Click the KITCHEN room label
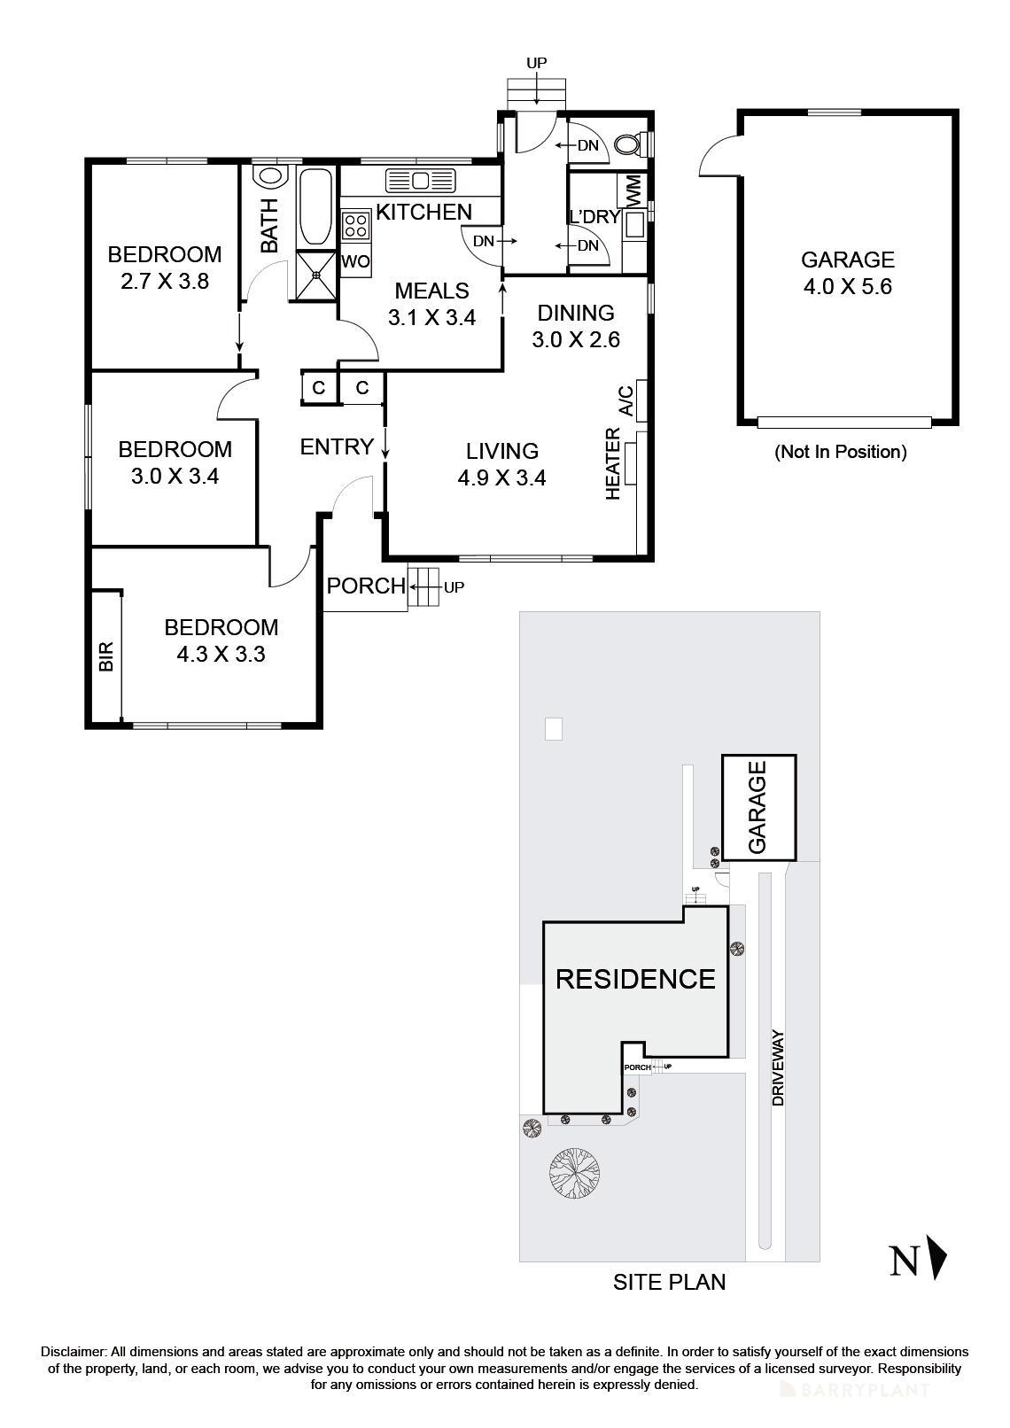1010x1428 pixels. click(423, 212)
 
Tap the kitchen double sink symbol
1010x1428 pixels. click(420, 181)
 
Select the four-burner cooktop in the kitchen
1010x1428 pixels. click(356, 225)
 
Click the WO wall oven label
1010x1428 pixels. click(355, 262)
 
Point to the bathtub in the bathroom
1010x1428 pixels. click(315, 206)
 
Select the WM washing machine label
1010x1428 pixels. click(633, 191)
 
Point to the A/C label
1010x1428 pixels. click(625, 400)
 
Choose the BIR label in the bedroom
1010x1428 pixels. click(106, 657)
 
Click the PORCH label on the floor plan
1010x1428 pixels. click(366, 586)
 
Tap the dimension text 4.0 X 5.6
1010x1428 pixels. click(847, 287)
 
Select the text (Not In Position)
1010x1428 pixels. click(841, 452)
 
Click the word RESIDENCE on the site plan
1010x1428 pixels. click(634, 979)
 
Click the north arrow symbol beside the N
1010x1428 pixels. click(937, 1258)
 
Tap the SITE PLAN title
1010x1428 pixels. click(669, 1281)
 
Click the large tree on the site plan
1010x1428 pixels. click(572, 1174)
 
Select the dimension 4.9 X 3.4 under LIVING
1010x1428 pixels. click(501, 478)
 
